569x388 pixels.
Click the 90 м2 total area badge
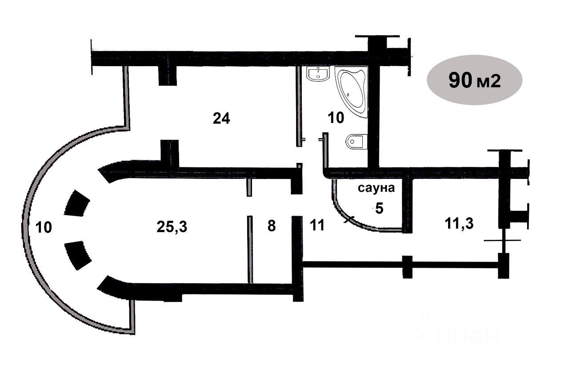coord(474,80)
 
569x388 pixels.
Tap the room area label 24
coord(221,119)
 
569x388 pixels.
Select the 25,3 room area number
coord(172,227)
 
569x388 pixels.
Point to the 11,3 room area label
coord(459,223)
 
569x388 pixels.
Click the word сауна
coord(377,188)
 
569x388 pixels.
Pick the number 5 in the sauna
coord(379,208)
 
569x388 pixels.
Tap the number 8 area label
coord(272,226)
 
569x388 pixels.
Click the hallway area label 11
coord(317,226)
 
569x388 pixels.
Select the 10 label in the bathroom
coord(336,118)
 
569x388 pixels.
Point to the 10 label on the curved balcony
coord(44,227)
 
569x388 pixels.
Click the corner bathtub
coord(353,90)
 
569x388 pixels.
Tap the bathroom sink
coord(317,75)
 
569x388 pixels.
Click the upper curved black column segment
coord(77,204)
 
